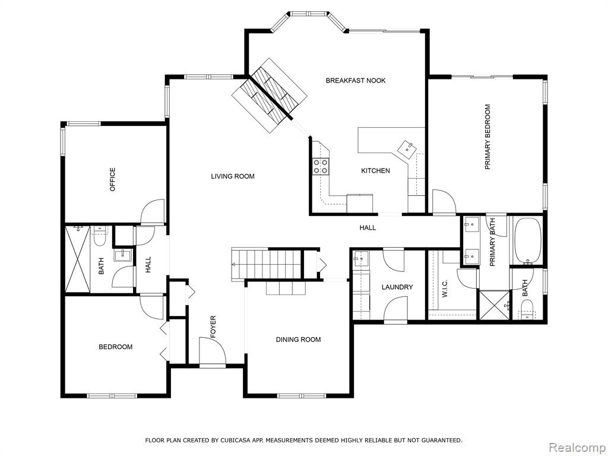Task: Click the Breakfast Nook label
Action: click(x=356, y=81)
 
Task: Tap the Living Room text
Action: click(x=233, y=176)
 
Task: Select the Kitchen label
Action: click(x=375, y=170)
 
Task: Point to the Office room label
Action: click(x=112, y=179)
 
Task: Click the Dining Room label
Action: click(x=298, y=340)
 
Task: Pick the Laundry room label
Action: click(x=397, y=287)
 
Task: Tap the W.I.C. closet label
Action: click(x=445, y=289)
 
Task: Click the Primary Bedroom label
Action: click(x=487, y=137)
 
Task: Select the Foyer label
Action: click(x=213, y=327)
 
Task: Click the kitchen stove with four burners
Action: click(x=321, y=166)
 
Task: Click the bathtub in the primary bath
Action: click(x=527, y=241)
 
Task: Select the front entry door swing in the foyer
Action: click(x=212, y=351)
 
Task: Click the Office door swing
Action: click(x=153, y=212)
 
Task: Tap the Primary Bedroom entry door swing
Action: click(x=444, y=202)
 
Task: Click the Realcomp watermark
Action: click(x=577, y=447)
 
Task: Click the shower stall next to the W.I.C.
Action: click(x=495, y=306)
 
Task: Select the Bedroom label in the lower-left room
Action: click(x=116, y=347)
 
